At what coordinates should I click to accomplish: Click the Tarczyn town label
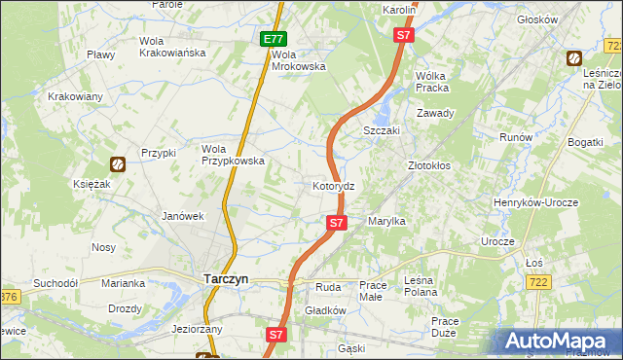(225, 278)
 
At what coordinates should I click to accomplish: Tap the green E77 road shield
(274, 40)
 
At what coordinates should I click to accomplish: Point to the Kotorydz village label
(339, 186)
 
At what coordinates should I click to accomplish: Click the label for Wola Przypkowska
(233, 155)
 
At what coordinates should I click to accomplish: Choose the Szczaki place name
(383, 130)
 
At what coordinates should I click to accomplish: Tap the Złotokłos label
(428, 166)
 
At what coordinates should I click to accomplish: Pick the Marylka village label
(385, 222)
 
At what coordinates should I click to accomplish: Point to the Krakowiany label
(76, 96)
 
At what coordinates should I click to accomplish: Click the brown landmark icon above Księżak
(117, 164)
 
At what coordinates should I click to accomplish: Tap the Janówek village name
(181, 216)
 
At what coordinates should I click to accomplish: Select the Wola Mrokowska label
(297, 60)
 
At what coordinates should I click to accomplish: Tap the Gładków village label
(325, 310)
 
